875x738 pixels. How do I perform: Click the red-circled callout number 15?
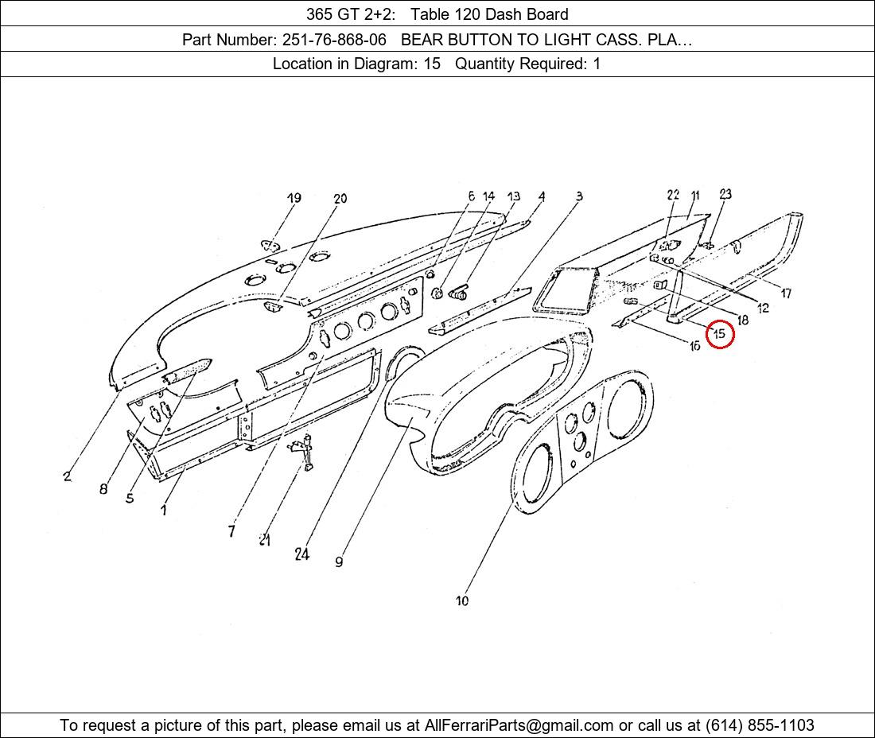(719, 333)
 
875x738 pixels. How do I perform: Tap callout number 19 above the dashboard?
(294, 198)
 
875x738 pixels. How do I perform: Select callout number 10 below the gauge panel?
(462, 600)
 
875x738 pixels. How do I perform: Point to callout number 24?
(302, 554)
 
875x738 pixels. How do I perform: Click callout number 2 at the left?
(67, 476)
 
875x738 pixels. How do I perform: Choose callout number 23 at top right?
(725, 194)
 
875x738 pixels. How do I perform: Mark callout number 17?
(786, 293)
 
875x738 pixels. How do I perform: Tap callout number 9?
(339, 561)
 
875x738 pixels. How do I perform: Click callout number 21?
(265, 539)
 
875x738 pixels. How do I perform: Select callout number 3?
(579, 196)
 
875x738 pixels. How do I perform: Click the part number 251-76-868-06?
(334, 40)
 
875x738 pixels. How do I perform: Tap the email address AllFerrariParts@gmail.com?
(519, 725)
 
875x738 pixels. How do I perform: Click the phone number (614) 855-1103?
(760, 725)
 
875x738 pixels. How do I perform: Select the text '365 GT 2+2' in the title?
(351, 14)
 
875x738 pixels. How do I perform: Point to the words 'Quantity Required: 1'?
(528, 64)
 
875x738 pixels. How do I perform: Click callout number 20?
(340, 198)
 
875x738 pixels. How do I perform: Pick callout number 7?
(231, 531)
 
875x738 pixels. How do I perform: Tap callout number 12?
(763, 308)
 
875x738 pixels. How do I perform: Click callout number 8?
(103, 489)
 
